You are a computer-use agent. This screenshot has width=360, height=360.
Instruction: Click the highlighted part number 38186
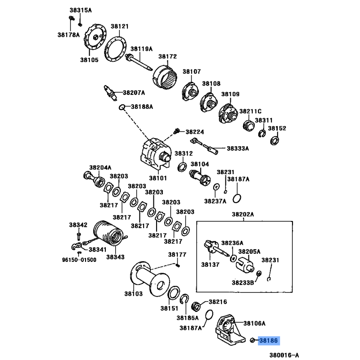click(268, 341)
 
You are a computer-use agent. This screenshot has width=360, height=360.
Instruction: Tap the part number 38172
click(167, 57)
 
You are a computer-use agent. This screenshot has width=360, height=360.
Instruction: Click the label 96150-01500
click(79, 260)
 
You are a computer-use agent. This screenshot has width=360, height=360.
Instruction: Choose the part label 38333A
click(238, 148)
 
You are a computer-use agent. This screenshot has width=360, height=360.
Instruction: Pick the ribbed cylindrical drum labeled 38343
click(109, 233)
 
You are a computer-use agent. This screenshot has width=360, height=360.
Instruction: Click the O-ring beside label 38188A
click(122, 107)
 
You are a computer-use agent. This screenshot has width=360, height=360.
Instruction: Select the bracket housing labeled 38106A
click(228, 331)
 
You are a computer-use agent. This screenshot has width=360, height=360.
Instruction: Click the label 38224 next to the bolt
click(195, 132)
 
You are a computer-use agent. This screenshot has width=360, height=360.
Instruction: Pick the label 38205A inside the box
click(249, 251)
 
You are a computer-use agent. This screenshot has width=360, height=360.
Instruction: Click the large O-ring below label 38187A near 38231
click(238, 198)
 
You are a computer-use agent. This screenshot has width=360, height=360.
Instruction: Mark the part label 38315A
click(80, 10)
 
